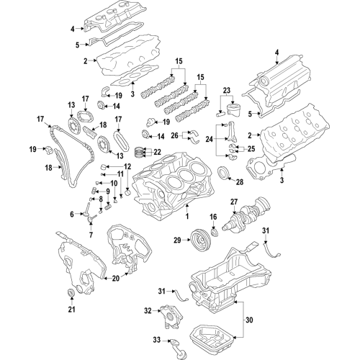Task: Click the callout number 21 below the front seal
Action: (71, 310)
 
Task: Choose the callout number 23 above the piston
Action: (228, 91)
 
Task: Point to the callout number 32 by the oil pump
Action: (148, 311)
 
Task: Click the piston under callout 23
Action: (231, 111)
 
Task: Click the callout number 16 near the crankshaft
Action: (212, 217)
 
